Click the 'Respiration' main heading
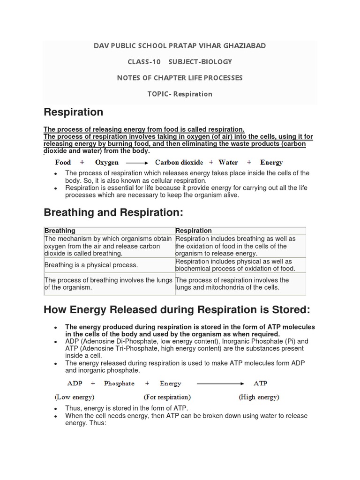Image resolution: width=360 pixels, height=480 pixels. coord(73,112)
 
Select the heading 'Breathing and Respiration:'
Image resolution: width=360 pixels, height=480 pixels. coord(113,212)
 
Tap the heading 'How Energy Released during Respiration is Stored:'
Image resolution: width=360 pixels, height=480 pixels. coord(177,309)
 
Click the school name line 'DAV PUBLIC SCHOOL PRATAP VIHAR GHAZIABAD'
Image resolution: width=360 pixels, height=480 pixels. coord(180,46)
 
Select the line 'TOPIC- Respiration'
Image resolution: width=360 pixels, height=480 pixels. coord(180,94)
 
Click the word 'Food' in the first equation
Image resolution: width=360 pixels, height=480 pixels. coord(63,163)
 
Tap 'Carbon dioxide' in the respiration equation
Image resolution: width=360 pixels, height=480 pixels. coord(179,163)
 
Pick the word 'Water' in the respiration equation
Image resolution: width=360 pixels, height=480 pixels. coord(228,163)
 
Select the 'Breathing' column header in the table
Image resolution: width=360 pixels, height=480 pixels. coord(60,231)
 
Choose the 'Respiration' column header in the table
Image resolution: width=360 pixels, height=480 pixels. coord(194,231)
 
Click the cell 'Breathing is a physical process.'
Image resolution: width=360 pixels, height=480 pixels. coord(91,265)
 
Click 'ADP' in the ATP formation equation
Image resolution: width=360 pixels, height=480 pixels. coord(75,383)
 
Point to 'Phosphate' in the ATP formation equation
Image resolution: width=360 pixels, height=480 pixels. coord(119,383)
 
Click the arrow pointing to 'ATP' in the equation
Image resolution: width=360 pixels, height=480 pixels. coord(220,384)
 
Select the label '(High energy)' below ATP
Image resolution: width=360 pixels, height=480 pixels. coord(259,397)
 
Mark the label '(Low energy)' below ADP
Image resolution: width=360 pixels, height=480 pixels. coord(75,397)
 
